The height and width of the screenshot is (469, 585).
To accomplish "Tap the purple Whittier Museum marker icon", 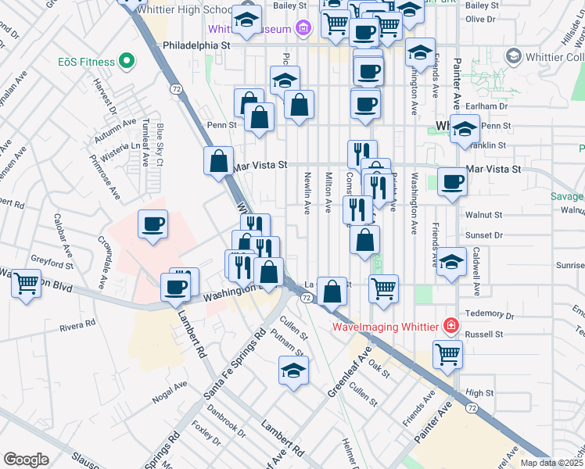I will (x=304, y=30).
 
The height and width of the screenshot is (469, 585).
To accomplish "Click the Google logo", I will (x=26, y=460).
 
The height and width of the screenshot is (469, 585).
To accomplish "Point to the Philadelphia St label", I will (x=196, y=46).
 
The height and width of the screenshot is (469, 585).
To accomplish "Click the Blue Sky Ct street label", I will (x=160, y=145).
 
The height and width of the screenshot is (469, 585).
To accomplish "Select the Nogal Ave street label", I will (x=170, y=390).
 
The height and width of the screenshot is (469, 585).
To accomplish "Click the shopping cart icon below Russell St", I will (x=448, y=353).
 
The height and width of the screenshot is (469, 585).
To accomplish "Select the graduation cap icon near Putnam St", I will (x=294, y=371).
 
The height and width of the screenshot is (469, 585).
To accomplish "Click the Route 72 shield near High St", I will (x=472, y=408).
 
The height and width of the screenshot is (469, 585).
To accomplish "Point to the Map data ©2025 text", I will (x=551, y=463).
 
